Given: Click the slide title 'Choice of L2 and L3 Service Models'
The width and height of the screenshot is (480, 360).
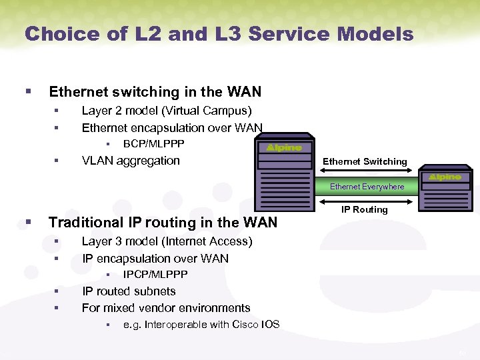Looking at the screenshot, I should [219, 34].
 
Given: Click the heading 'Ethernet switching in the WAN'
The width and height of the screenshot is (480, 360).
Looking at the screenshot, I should [155, 92].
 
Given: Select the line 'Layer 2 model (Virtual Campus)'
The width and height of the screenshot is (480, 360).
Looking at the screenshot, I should [166, 111].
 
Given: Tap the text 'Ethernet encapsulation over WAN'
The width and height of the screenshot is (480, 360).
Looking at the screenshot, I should [172, 127].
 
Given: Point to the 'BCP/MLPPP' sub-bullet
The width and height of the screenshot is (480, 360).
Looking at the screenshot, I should [153, 144].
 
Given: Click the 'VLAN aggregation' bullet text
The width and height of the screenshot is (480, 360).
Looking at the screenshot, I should [131, 161].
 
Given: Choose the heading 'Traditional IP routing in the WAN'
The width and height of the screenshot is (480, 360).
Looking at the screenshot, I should [163, 223].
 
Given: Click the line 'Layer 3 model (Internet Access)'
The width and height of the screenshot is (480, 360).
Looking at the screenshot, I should [167, 241].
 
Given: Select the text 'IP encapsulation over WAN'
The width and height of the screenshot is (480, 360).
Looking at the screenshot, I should [155, 259].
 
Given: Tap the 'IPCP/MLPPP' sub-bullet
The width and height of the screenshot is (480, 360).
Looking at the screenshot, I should [155, 275].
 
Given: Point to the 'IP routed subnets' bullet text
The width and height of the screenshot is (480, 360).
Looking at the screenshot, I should [129, 291].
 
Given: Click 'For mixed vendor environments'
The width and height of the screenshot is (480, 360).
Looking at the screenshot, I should [166, 308].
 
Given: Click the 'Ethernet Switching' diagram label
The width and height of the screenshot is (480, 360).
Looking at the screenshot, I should [365, 161].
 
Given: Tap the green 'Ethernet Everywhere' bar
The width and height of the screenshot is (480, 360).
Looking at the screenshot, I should [367, 187].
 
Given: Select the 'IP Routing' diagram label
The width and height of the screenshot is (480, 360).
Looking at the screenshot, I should [364, 209].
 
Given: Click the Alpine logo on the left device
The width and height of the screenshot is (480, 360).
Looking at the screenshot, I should [284, 147].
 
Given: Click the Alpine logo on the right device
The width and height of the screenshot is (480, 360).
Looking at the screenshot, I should [445, 177].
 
